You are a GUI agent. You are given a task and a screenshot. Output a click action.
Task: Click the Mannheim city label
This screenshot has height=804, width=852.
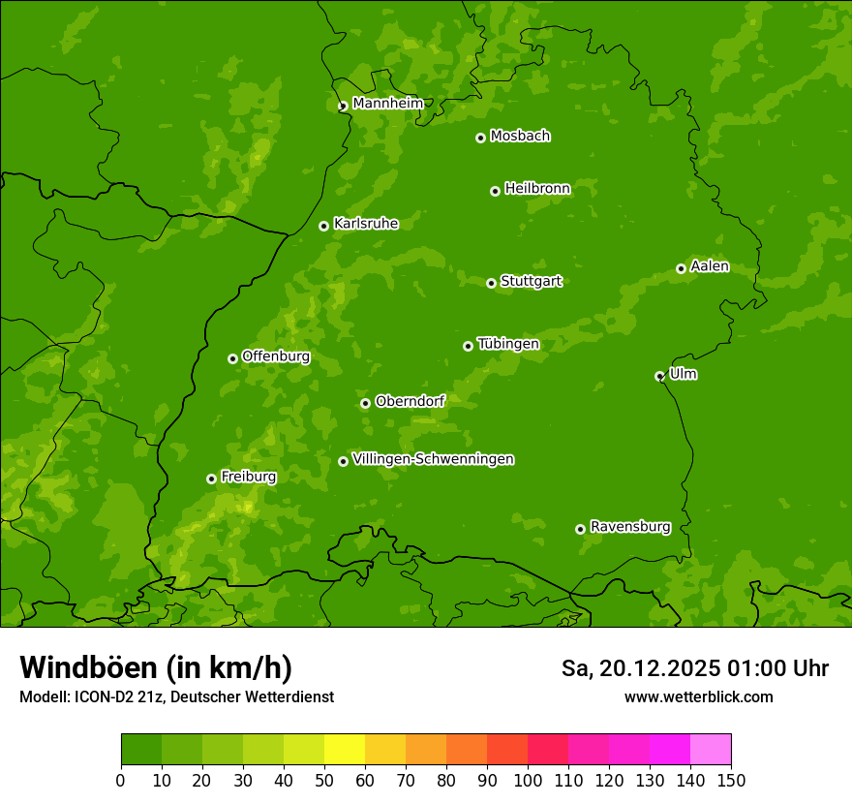(x=387, y=104)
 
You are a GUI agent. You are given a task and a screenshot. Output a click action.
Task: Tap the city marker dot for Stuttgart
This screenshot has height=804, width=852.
(x=491, y=283)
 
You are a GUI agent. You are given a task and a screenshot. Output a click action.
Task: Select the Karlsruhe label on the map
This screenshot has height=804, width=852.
(x=365, y=224)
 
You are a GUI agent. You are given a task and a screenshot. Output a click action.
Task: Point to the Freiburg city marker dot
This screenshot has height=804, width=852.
(x=211, y=479)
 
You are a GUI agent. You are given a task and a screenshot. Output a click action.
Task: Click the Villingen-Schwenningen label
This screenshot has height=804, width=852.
(x=433, y=459)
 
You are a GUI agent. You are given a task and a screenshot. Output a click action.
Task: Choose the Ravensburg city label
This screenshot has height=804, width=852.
(x=629, y=527)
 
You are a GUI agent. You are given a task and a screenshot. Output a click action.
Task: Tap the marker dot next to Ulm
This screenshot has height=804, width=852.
(x=659, y=376)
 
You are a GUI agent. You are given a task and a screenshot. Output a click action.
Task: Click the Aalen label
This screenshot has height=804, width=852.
(x=709, y=266)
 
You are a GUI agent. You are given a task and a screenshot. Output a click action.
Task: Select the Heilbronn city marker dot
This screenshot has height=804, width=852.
(x=495, y=191)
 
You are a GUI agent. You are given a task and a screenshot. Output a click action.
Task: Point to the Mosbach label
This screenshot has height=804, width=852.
(x=520, y=137)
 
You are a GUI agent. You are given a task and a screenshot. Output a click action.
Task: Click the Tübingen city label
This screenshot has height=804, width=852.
(x=507, y=344)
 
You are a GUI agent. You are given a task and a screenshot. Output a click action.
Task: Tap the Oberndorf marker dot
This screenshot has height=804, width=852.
(x=365, y=403)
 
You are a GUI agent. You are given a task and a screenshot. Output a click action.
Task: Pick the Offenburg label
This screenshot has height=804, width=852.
(x=275, y=356)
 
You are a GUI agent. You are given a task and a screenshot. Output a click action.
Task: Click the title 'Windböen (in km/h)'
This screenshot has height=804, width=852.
(x=156, y=667)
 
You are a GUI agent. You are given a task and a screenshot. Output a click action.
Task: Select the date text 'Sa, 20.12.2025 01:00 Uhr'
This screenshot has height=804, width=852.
(x=694, y=668)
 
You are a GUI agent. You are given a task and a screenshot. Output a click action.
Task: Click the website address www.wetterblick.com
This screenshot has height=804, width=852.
(x=698, y=696)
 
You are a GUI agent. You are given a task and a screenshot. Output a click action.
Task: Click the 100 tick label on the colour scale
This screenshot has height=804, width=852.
(x=528, y=781)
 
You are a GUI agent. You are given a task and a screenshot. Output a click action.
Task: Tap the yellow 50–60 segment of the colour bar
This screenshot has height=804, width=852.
(x=345, y=750)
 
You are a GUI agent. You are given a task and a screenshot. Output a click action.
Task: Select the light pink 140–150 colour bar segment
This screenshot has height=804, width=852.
(x=711, y=750)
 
